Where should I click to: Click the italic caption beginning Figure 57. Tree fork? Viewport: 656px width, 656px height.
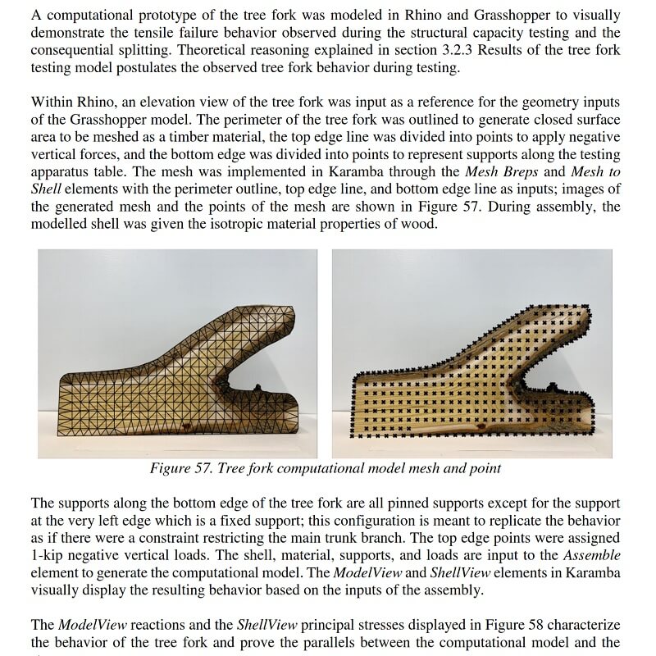(x=325, y=468)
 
